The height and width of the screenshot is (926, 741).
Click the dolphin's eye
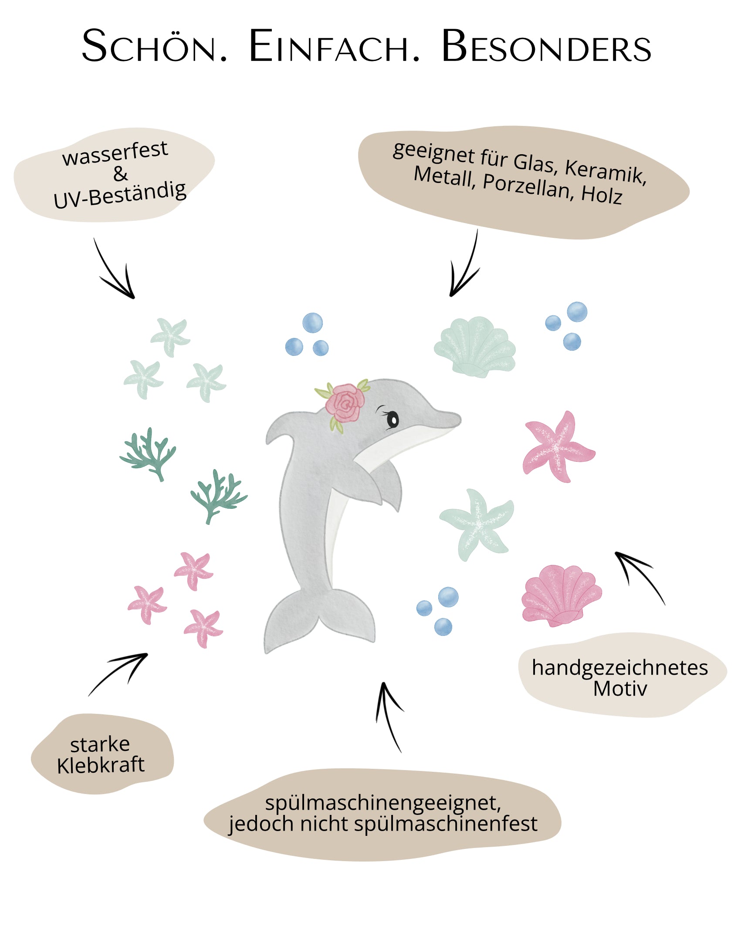click(x=392, y=419)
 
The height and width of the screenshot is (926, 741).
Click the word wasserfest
click(x=115, y=153)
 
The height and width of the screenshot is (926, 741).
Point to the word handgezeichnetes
click(x=619, y=668)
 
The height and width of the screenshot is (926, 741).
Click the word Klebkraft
click(x=101, y=765)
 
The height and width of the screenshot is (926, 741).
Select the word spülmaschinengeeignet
click(x=383, y=802)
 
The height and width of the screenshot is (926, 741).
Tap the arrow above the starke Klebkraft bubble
click(x=120, y=673)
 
